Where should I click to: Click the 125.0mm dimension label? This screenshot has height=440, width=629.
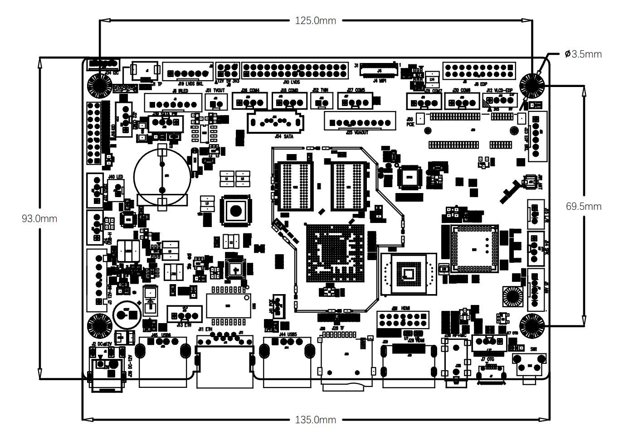tap(315, 20)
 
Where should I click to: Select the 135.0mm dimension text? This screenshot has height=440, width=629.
tap(315, 420)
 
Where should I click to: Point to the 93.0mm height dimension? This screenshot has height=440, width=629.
tap(39, 218)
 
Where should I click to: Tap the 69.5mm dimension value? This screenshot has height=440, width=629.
tap(584, 206)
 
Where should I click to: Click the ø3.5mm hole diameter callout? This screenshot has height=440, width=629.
tap(583, 54)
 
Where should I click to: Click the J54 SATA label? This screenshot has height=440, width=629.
tap(284, 136)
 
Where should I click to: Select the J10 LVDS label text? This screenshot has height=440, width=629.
tap(291, 82)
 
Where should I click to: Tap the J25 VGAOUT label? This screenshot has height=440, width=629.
tap(357, 133)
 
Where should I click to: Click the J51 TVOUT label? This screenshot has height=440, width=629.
tap(215, 90)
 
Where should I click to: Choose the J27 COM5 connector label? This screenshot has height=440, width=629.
tap(356, 90)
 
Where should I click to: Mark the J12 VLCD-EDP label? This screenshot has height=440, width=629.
tap(499, 90)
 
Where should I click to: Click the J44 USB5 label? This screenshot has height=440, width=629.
tap(288, 334)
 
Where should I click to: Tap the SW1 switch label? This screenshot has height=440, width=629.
tap(533, 349)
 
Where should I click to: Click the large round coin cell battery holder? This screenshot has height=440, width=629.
tap(161, 177)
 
